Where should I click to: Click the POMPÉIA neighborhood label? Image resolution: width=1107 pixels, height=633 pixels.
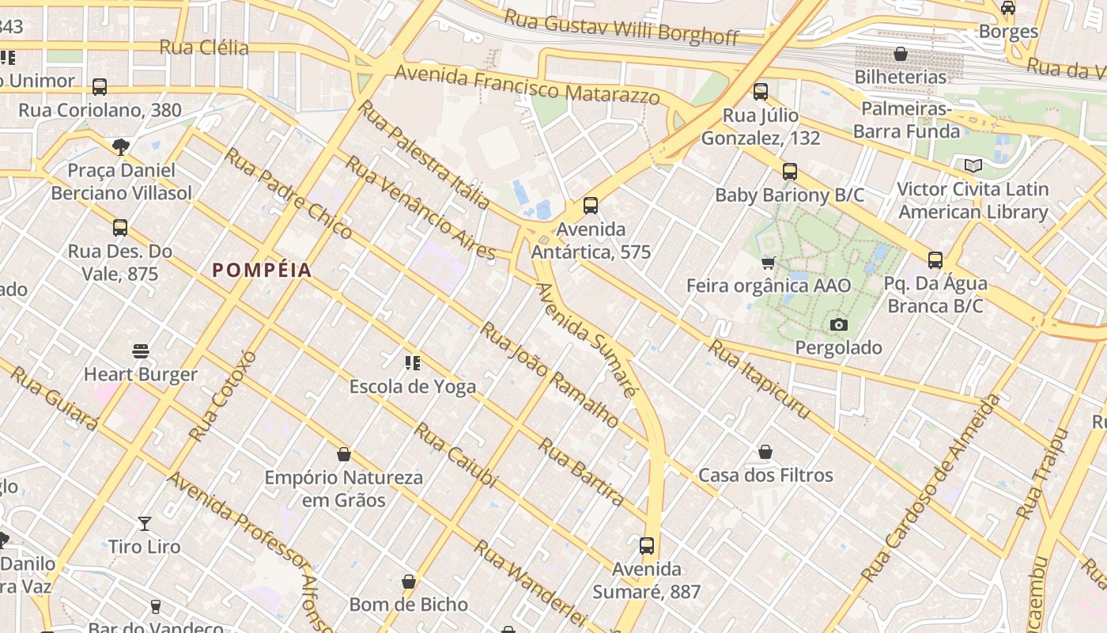click(262, 271)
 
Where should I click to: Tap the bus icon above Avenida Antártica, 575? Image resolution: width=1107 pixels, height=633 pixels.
click(591, 206)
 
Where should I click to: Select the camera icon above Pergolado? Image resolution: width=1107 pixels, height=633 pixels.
click(838, 324)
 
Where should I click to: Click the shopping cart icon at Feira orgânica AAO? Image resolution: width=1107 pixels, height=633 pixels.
click(768, 263)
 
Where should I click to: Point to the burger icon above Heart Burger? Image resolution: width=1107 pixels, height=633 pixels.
click(141, 351)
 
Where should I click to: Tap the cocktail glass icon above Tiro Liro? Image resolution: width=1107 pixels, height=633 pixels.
click(144, 523)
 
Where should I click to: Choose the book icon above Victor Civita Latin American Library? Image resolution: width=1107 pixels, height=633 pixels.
click(973, 166)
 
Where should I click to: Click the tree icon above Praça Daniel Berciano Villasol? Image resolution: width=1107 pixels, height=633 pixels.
click(120, 146)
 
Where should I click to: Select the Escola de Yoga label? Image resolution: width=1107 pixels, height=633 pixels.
click(413, 386)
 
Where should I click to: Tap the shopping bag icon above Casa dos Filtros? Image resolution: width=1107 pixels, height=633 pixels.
click(765, 452)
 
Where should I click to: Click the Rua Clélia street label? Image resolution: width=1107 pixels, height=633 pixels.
click(204, 47)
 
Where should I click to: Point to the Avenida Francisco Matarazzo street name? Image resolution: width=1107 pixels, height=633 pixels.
click(527, 85)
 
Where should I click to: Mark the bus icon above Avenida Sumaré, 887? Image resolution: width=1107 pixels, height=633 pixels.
click(647, 546)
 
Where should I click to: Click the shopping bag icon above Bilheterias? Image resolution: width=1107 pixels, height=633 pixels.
click(900, 54)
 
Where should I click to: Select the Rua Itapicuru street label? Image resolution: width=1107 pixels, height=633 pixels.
click(758, 379)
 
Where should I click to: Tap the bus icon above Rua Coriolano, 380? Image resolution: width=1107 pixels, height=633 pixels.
click(100, 87)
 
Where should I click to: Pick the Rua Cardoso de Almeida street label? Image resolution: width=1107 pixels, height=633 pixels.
click(931, 487)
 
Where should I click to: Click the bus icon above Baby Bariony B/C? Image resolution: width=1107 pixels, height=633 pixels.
click(789, 172)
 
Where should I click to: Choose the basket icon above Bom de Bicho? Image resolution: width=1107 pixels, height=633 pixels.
click(409, 582)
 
